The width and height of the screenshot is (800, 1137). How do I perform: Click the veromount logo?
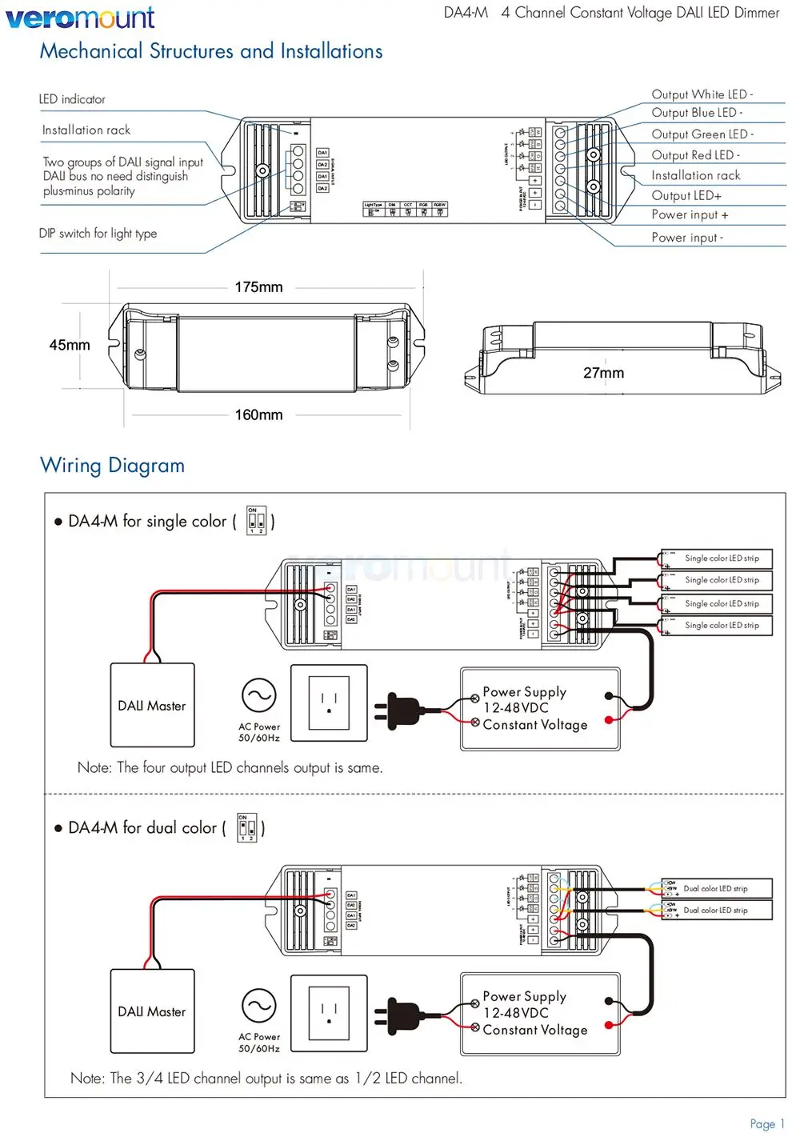tap(80, 17)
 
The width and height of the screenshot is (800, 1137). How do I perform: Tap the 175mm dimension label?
tap(258, 287)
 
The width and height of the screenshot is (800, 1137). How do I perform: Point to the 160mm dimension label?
tap(258, 414)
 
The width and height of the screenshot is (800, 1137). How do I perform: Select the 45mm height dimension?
tap(70, 345)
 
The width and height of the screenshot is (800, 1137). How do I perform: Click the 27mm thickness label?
tap(603, 373)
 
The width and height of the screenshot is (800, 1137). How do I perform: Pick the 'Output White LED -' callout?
tap(702, 94)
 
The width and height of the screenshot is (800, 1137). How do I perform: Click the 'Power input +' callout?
tap(690, 214)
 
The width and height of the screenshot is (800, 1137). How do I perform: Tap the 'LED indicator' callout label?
tap(72, 99)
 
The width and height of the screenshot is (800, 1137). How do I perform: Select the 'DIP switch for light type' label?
tap(98, 234)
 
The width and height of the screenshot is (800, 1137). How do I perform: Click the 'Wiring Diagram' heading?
tap(112, 466)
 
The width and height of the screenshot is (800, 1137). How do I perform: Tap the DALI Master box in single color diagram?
tap(152, 705)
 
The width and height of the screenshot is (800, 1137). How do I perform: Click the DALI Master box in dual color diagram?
tap(152, 1011)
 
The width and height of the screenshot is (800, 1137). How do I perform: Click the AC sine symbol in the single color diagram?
tap(259, 696)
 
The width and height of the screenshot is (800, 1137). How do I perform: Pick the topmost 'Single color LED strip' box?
tap(717, 558)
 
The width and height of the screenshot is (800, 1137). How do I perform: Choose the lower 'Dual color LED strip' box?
tap(717, 910)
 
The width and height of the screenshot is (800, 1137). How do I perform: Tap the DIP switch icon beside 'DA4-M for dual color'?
tap(247, 827)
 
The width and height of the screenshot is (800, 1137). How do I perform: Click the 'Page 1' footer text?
tap(767, 1123)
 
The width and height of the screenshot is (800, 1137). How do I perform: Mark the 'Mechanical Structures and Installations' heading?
tap(211, 51)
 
